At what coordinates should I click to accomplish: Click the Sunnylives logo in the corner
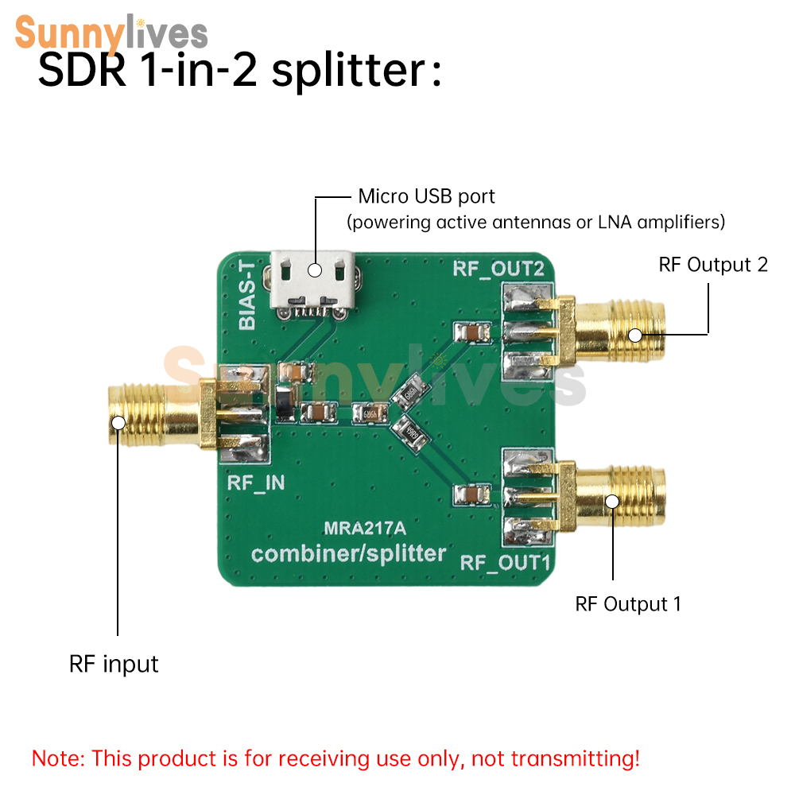[111, 33]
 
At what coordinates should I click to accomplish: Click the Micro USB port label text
[426, 196]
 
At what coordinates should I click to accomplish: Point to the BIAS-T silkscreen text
[247, 295]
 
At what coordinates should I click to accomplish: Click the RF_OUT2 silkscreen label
[498, 269]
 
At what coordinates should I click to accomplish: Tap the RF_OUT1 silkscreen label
[505, 562]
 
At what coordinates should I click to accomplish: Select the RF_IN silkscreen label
[255, 483]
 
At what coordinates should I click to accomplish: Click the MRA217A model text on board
[365, 529]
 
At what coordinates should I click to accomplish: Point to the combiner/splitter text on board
[349, 553]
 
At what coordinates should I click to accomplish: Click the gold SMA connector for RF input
[162, 415]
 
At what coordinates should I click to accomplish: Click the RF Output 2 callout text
[713, 265]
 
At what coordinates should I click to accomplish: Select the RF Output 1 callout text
[628, 604]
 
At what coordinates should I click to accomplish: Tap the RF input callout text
[114, 664]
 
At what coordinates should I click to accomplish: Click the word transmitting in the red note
[575, 759]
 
